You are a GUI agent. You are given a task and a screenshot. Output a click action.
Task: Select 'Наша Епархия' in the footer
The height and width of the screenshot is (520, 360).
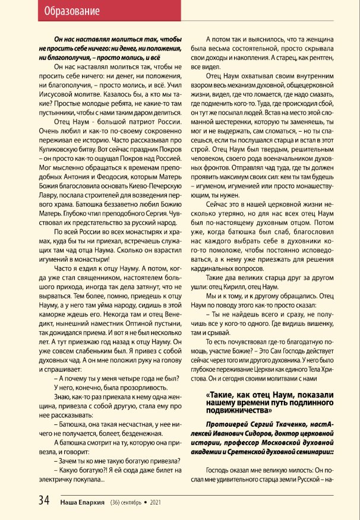click(83, 502)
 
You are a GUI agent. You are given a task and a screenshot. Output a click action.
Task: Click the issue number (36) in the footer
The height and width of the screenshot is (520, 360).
click(116, 502)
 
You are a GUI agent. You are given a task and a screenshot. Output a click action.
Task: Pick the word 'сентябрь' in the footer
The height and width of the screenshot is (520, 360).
click(132, 502)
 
